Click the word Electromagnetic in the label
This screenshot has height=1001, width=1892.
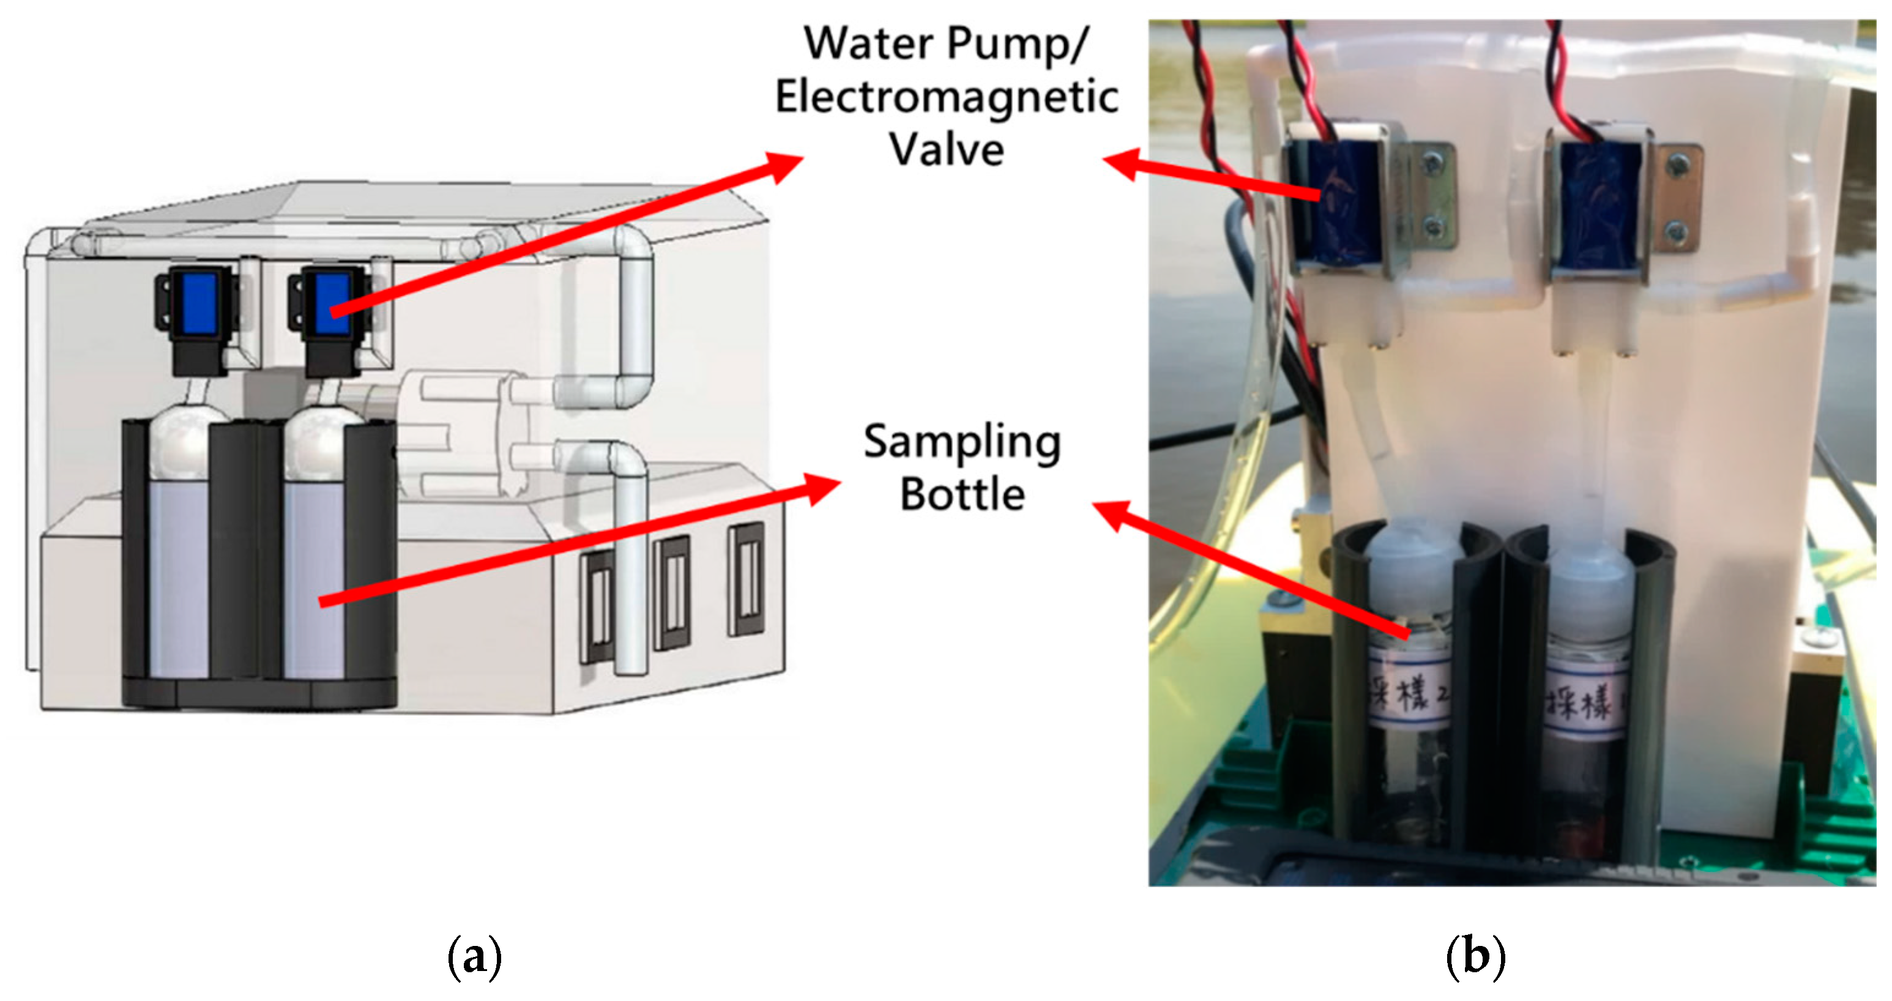click(947, 98)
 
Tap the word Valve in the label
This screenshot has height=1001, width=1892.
click(947, 150)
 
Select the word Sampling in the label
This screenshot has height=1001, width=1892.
click(962, 442)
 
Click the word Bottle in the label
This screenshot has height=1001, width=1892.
click(962, 494)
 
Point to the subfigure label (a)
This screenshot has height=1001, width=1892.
click(474, 956)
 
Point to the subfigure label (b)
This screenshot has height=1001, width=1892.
click(1475, 956)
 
